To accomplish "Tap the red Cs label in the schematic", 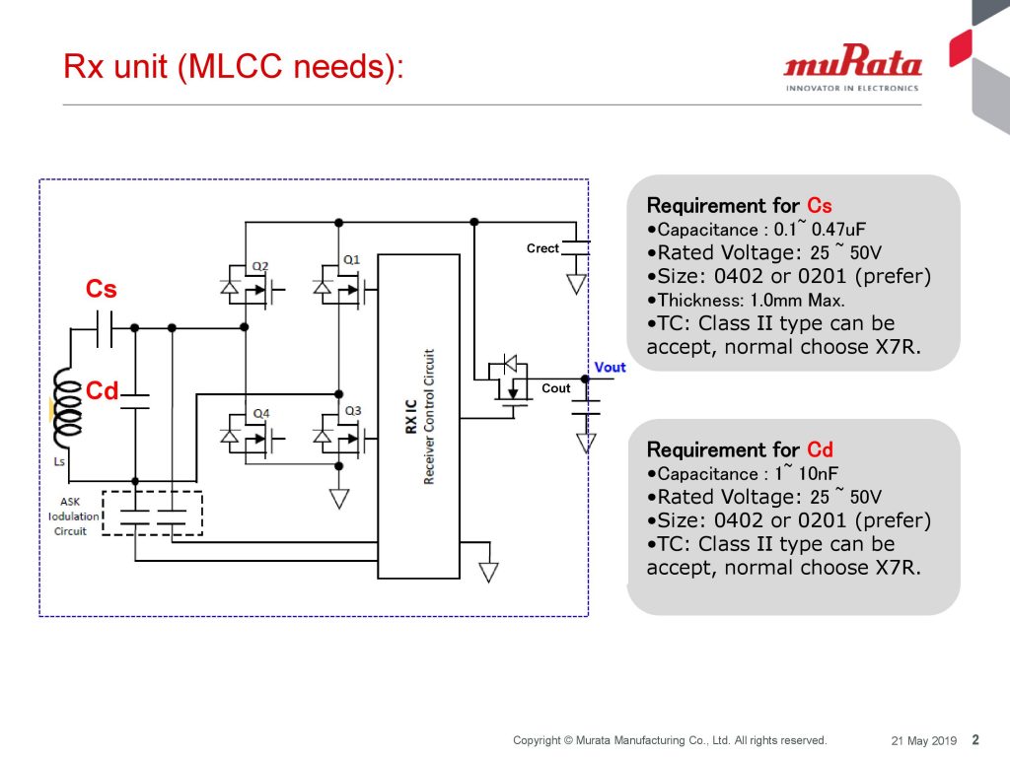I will (x=102, y=289).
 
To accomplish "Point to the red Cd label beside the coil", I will (x=102, y=391).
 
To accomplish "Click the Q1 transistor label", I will (x=352, y=259).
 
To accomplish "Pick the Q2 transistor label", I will (x=260, y=266).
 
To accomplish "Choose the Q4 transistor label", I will (x=260, y=412).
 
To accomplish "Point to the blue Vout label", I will (x=610, y=368).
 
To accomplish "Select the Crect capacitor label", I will (x=542, y=248).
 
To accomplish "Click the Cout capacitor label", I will (x=556, y=388).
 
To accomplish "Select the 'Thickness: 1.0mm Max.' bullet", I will (x=747, y=301).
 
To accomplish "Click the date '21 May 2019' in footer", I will (x=924, y=740).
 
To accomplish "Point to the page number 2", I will (x=975, y=739).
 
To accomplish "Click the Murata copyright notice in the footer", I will (x=670, y=740).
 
